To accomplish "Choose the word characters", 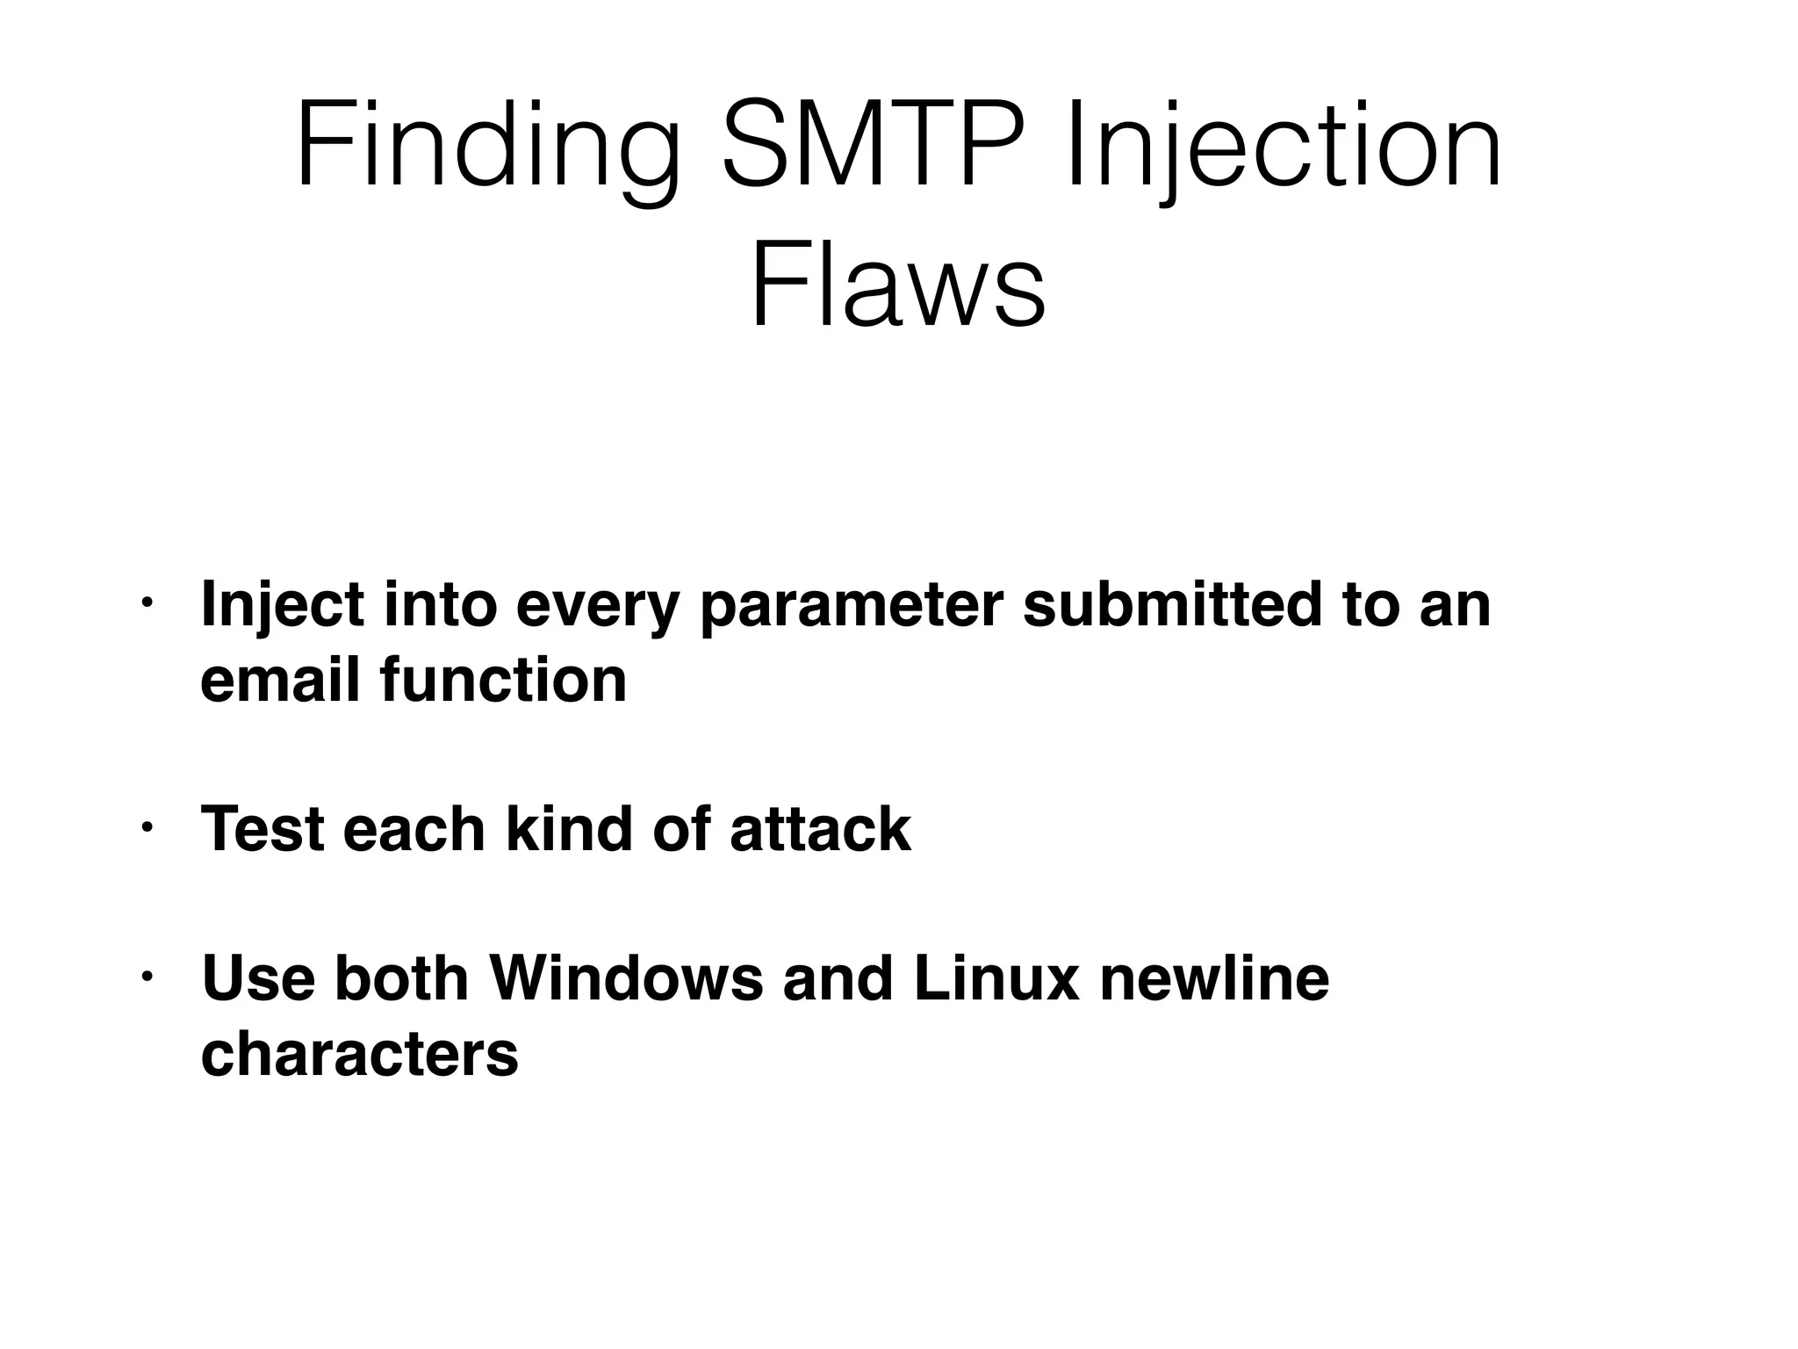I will [360, 1053].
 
